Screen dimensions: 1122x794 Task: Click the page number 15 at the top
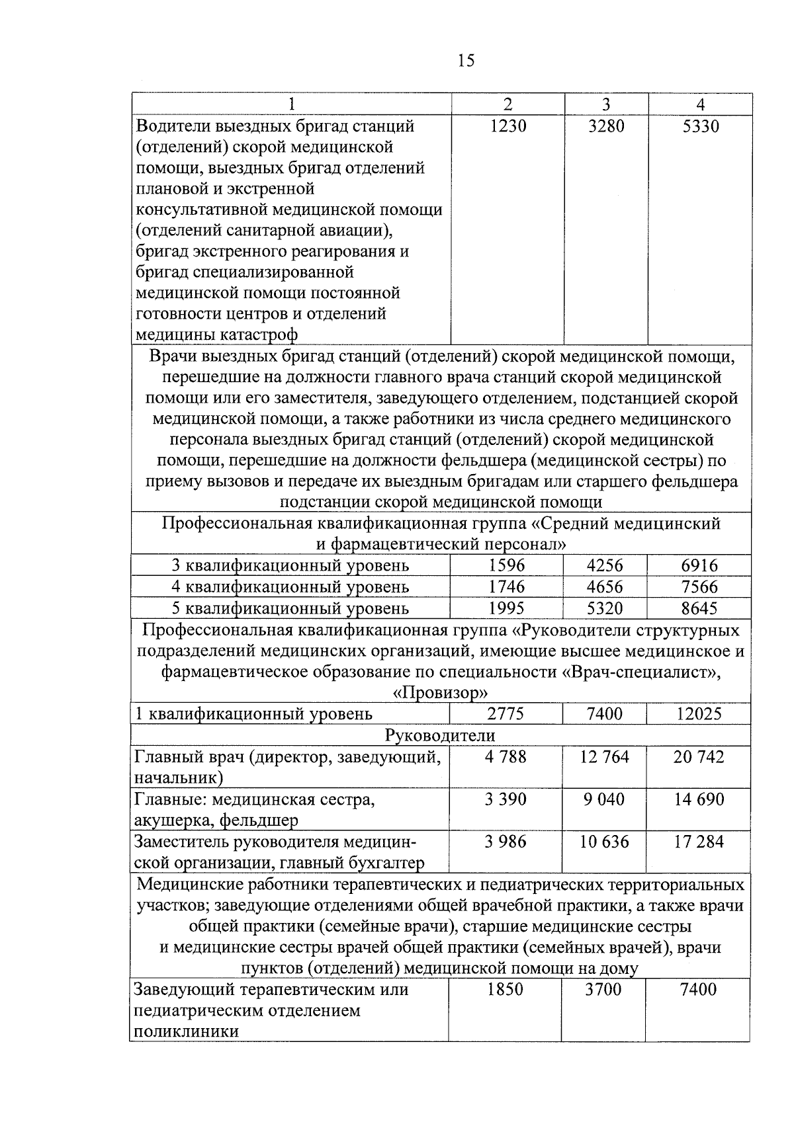coord(465,61)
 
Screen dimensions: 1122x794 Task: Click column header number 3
coord(606,104)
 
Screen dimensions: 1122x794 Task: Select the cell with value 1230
coord(507,126)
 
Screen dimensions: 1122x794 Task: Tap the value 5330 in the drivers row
coord(700,126)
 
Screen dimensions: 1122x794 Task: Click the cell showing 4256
coord(605,565)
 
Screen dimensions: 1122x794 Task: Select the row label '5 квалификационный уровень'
coord(290,608)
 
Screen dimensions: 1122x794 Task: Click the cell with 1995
coord(506,608)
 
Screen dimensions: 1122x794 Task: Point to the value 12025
coord(699,714)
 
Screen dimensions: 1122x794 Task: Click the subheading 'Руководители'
coord(440,735)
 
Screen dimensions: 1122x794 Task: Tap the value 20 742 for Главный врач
coord(699,757)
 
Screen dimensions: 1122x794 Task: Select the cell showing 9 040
coord(604,799)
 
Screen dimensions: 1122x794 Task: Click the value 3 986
coord(506,842)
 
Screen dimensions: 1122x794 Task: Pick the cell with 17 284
coord(699,842)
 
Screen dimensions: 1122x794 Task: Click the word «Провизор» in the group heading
coord(440,693)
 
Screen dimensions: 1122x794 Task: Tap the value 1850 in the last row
coord(505,990)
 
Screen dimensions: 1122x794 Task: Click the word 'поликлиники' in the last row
coord(187,1031)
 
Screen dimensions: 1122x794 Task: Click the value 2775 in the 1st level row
coord(506,714)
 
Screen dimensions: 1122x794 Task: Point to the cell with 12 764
coord(604,757)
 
